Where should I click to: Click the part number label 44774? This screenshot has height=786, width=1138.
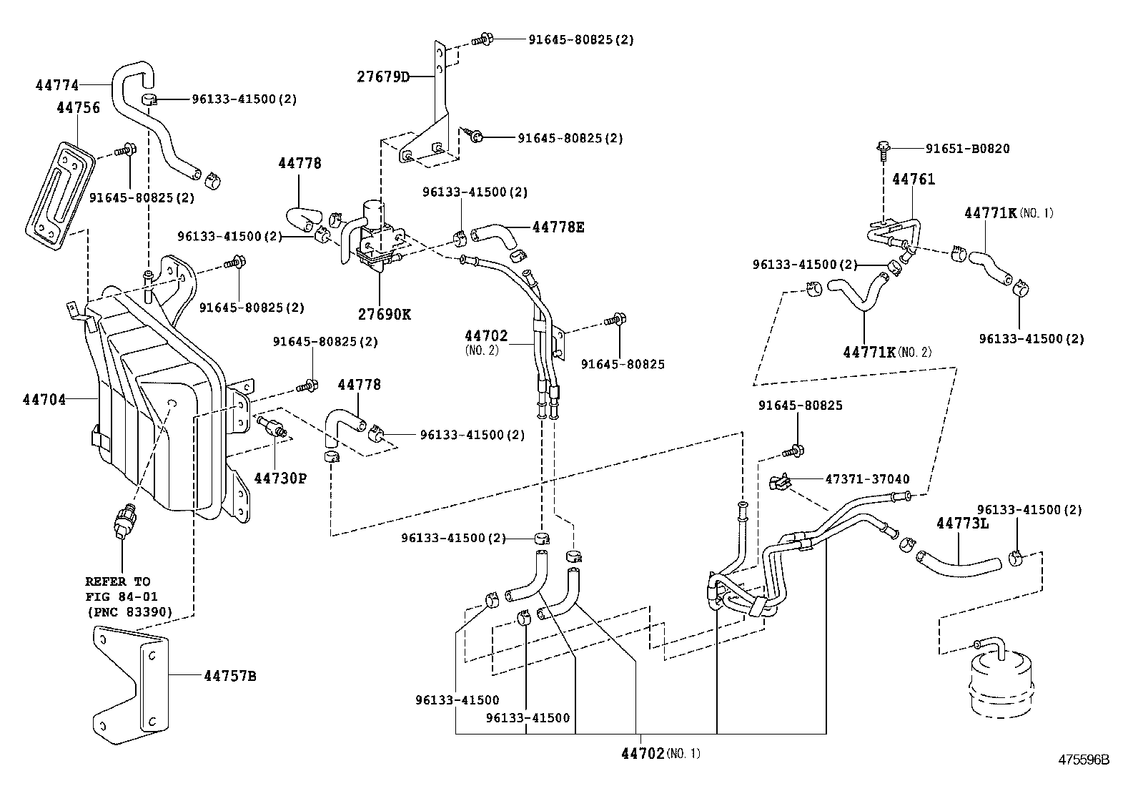tap(56, 85)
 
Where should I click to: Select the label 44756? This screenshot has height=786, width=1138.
tap(78, 108)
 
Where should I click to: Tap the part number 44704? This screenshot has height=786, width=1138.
tap(44, 399)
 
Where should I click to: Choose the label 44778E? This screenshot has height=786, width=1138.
tap(558, 227)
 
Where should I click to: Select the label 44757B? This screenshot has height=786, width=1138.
tap(229, 674)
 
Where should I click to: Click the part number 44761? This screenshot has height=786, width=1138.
tap(913, 180)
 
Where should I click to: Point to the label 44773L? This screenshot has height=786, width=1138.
tap(962, 524)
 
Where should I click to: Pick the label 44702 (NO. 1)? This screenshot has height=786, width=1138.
tap(660, 753)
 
